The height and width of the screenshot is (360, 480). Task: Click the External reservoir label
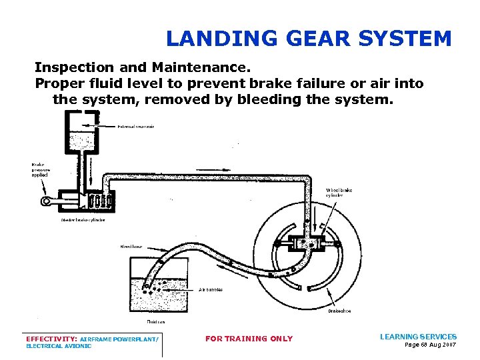tap(136, 126)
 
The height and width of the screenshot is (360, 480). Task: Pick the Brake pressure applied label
tap(41, 171)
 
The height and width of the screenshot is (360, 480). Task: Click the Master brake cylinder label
tap(83, 219)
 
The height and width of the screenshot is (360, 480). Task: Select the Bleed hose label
tap(131, 246)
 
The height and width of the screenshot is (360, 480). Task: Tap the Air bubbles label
tap(211, 289)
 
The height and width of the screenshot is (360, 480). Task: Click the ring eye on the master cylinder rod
tap(46, 201)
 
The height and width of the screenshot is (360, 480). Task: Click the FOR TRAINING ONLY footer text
tap(249, 339)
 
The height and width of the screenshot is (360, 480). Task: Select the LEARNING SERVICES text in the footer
tap(418, 337)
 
